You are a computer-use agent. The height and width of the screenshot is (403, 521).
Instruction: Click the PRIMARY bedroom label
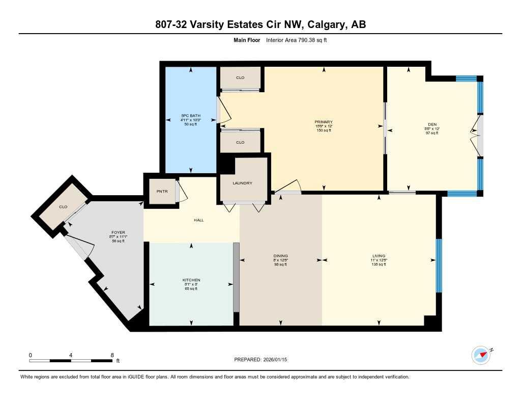tap(323, 122)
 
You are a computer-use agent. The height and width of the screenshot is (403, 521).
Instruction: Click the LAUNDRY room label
tap(242, 183)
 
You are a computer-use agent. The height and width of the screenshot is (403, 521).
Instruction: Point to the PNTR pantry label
tap(160, 192)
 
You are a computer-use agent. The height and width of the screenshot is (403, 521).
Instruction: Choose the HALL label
tap(198, 220)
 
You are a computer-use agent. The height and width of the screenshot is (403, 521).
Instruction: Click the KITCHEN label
tap(191, 280)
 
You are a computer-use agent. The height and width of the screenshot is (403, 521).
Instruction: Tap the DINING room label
tap(280, 256)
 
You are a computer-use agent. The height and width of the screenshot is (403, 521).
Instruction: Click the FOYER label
tap(118, 233)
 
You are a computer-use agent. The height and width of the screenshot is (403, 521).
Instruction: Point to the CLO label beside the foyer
tap(63, 207)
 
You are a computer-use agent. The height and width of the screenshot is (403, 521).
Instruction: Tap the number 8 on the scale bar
tap(111, 354)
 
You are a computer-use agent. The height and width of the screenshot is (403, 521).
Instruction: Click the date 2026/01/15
tap(279, 360)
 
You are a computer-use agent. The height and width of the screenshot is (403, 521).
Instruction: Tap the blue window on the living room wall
tap(439, 265)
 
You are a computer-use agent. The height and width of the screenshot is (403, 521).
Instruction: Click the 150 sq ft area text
tap(323, 131)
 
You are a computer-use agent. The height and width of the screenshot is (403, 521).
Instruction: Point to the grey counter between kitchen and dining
tap(236, 277)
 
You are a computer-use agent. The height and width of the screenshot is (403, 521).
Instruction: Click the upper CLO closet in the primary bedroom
tap(240, 78)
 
